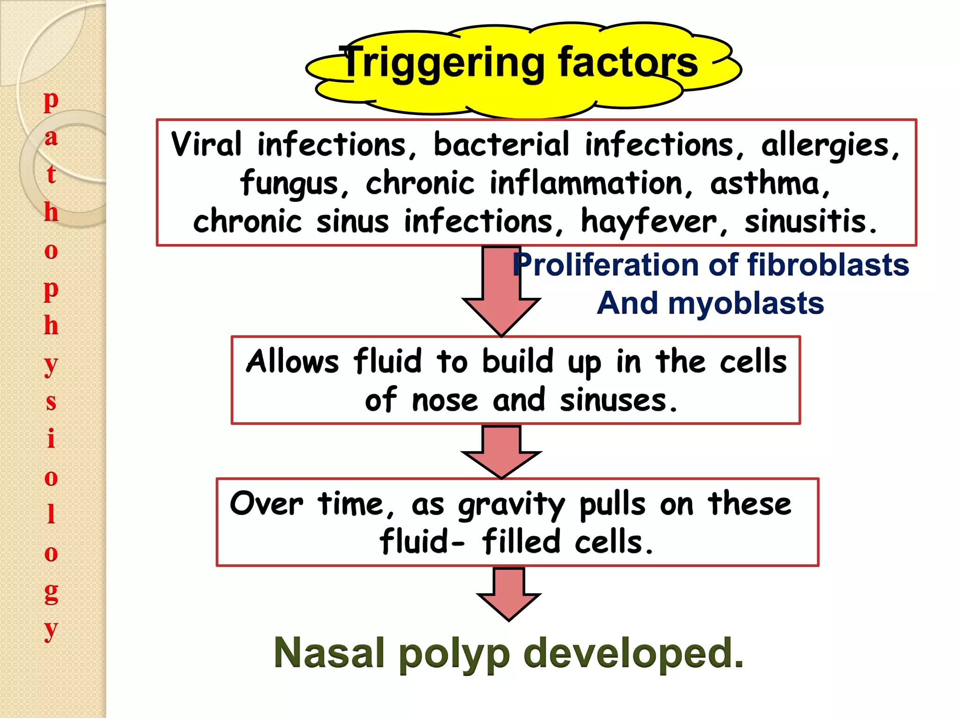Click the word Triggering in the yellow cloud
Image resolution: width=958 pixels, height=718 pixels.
(x=442, y=63)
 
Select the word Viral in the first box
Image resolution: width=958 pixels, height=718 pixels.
(x=206, y=144)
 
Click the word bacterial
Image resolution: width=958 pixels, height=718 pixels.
(x=501, y=144)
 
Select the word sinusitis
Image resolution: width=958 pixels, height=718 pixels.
(x=810, y=222)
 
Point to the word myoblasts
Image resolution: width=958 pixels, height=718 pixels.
(x=746, y=303)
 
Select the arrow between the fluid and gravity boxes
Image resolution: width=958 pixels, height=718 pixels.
(x=501, y=452)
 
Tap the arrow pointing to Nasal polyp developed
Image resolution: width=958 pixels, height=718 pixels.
(x=509, y=594)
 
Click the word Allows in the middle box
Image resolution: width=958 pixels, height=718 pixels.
(x=292, y=361)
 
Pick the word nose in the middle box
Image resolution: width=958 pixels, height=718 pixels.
(x=444, y=401)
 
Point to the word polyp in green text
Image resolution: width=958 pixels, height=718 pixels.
(x=454, y=654)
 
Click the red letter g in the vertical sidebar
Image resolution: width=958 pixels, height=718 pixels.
(x=51, y=593)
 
